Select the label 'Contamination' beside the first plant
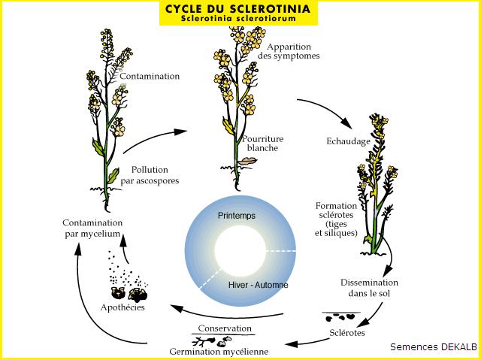(150, 76)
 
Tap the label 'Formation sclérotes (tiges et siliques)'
(336, 219)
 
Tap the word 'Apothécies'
(123, 308)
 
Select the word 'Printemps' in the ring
(236, 216)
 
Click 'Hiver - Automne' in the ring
(258, 286)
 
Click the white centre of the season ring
(240, 250)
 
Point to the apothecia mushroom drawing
(128, 291)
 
